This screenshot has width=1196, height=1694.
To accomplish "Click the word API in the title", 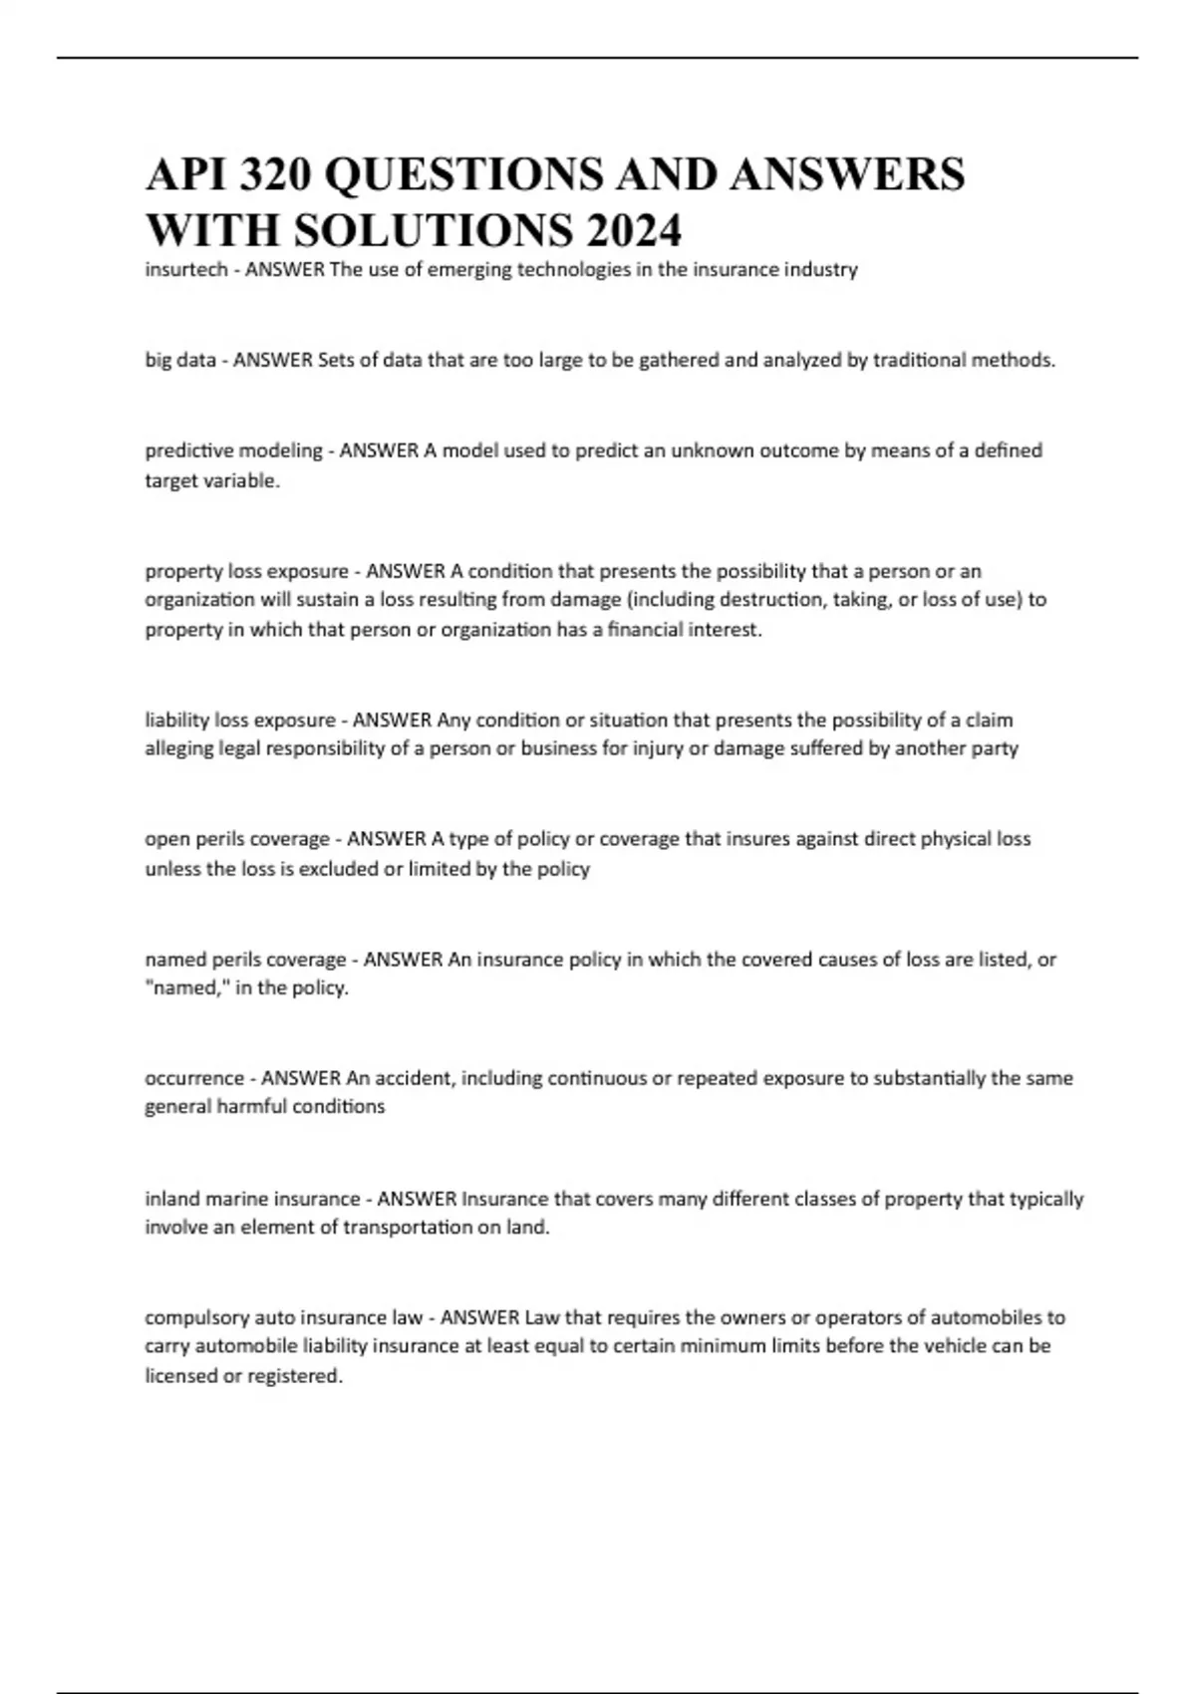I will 187,174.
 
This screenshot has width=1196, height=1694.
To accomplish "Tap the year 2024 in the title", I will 634,231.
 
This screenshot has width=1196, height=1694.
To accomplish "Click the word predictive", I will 186,450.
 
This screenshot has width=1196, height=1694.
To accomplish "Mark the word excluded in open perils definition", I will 340,869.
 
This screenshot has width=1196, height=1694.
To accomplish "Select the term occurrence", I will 194,1078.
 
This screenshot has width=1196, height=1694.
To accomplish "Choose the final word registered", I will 294,1376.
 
